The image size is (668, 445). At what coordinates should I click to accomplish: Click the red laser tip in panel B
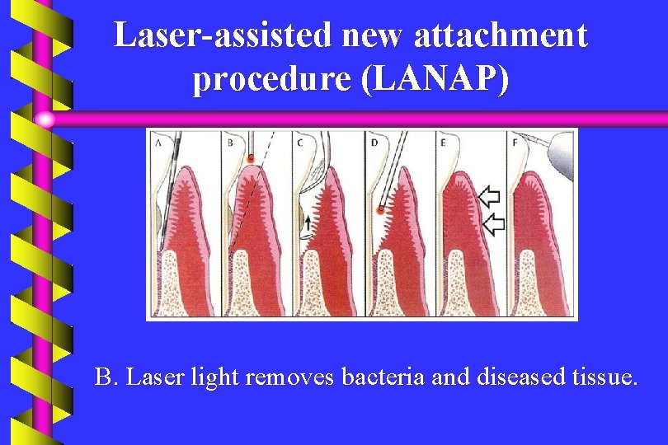(x=250, y=157)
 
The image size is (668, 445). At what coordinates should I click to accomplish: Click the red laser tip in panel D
(x=380, y=210)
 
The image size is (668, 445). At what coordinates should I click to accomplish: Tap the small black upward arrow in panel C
(x=308, y=221)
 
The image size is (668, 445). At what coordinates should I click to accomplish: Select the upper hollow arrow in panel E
(x=490, y=196)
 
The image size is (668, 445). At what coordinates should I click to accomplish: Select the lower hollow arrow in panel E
(x=492, y=222)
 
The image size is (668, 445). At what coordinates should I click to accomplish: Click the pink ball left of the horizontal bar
(x=45, y=119)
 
